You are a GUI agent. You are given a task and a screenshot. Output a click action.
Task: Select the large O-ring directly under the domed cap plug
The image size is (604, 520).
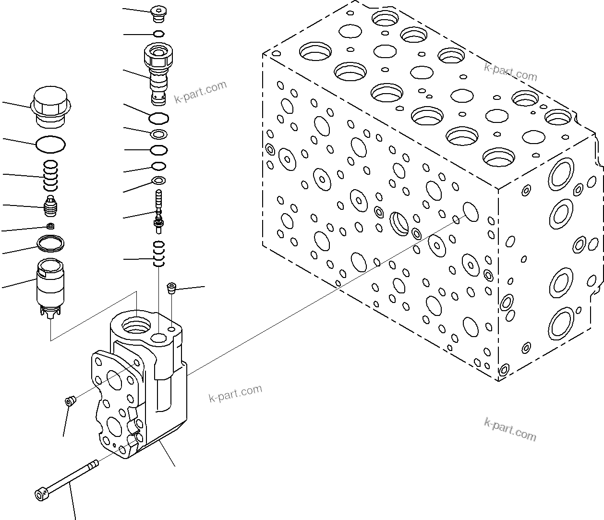[51, 144]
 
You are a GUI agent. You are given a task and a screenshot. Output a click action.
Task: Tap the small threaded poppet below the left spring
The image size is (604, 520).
[50, 206]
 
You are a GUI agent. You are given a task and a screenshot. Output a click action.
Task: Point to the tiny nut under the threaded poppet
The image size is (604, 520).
[50, 226]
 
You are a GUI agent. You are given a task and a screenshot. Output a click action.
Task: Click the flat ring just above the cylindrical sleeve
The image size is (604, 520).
[51, 243]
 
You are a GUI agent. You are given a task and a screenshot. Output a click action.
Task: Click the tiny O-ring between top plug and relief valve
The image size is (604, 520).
[159, 34]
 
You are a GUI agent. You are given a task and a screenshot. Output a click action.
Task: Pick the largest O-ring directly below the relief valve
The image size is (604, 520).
[159, 117]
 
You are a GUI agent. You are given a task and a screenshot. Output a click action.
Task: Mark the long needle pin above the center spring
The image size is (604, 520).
[158, 211]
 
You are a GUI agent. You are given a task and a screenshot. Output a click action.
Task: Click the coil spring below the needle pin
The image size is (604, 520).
[159, 253]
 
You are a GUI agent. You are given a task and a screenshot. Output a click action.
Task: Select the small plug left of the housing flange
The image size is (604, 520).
[70, 401]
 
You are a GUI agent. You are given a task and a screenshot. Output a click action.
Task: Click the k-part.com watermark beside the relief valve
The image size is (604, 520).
[200, 92]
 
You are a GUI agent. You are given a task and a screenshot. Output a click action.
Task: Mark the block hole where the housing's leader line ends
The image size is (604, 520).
[471, 211]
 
